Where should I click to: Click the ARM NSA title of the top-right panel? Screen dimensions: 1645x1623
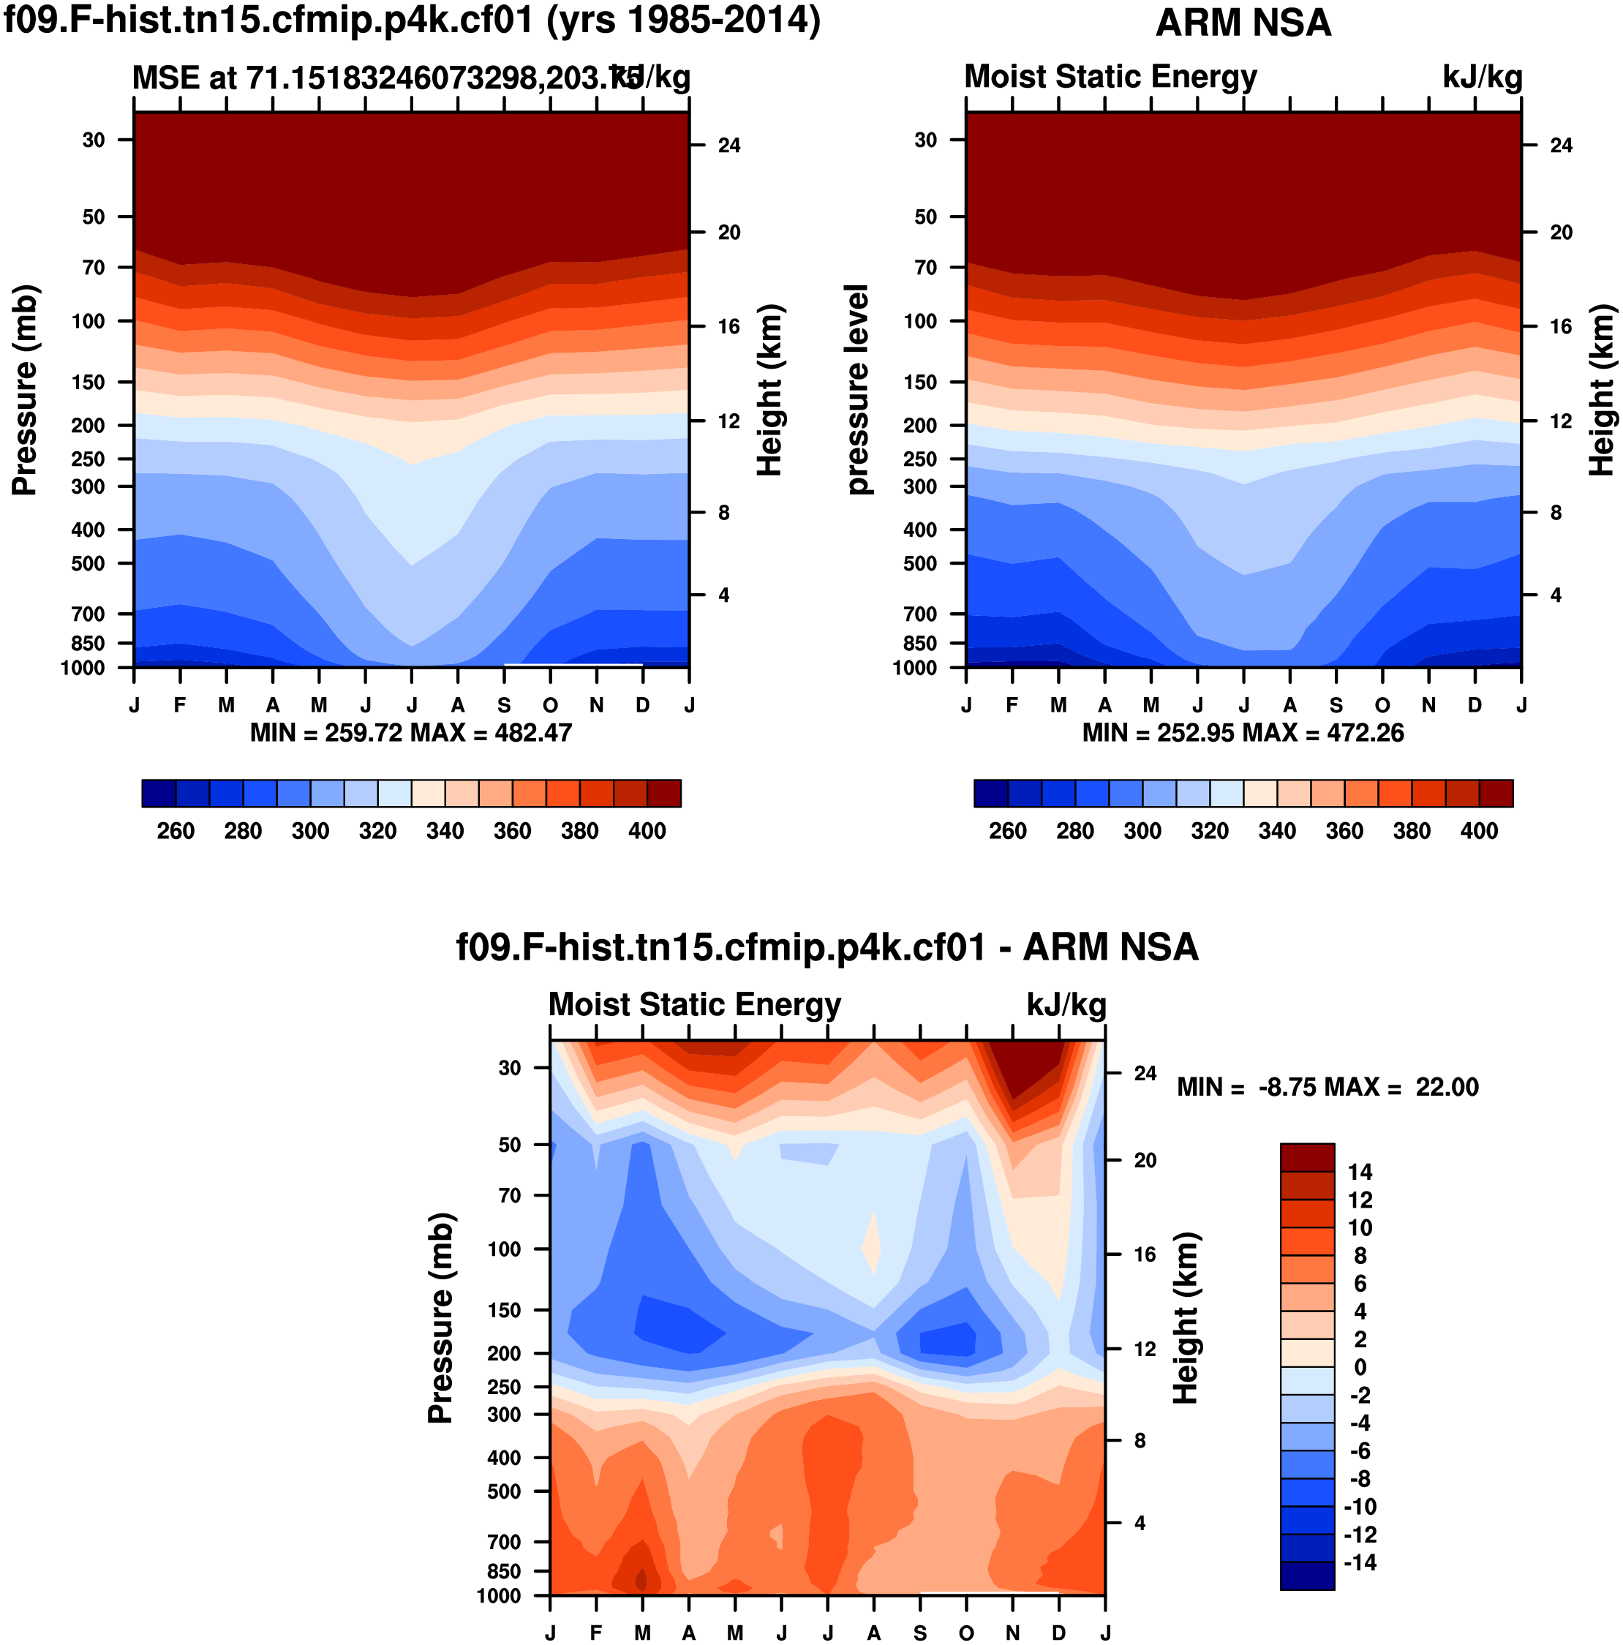pos(1243,23)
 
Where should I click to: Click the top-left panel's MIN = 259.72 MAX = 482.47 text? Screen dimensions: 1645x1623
pos(410,733)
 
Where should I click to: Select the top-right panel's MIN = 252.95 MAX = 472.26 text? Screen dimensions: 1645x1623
pos(1243,733)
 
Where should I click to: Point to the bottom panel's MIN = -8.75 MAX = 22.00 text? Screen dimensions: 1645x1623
pos(1327,1088)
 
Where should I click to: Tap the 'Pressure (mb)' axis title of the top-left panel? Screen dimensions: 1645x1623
pos(25,390)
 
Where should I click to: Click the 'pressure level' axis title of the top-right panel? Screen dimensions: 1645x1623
pos(857,390)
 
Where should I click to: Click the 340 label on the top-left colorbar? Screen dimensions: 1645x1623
pos(445,832)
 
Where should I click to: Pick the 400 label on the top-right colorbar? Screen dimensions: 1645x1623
pos(1479,832)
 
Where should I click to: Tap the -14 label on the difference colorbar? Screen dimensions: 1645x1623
pos(1360,1562)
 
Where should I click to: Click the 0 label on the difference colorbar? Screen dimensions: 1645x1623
pos(1360,1368)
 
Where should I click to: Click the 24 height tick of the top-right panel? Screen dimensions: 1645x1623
pos(1561,146)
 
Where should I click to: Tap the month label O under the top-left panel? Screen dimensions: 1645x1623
pos(550,705)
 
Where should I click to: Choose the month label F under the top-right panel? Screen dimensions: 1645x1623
pos(1012,705)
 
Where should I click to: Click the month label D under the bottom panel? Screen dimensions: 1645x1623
pos(1058,1633)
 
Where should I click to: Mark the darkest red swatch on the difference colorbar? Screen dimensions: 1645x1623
pos(1307,1158)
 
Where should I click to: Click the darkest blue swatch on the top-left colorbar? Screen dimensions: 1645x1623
pos(159,794)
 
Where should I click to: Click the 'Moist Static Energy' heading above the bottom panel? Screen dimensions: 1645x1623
pos(694,1005)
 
